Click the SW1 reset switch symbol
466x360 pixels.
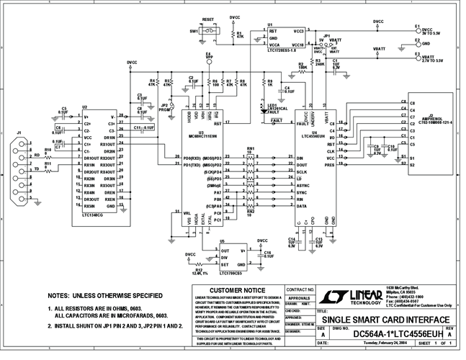click(209, 32)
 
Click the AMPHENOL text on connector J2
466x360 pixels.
click(429, 118)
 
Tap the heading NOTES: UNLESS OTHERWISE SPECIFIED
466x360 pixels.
click(104, 296)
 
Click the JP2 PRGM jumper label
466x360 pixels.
click(165, 107)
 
